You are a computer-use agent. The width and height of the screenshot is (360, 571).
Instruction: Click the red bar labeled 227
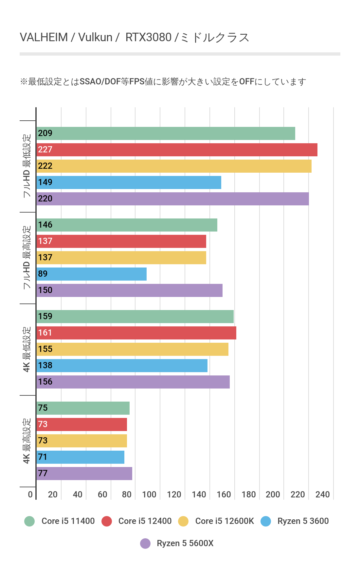[x=177, y=150]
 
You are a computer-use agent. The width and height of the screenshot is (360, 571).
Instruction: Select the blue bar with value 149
[x=129, y=182]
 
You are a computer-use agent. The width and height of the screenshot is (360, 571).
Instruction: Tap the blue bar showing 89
[x=92, y=274]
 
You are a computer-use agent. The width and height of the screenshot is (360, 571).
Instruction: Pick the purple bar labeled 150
[x=130, y=290]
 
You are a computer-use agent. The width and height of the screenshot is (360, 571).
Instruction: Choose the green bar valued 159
[x=135, y=317]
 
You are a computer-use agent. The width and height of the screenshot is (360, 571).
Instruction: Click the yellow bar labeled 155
[x=133, y=349]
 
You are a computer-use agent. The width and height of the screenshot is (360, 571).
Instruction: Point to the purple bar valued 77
[x=84, y=474]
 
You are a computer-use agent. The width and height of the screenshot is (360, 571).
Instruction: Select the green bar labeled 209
[x=166, y=133]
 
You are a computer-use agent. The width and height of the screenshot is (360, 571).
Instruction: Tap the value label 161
[x=45, y=333]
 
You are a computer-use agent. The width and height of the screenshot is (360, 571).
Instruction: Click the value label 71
[x=43, y=457]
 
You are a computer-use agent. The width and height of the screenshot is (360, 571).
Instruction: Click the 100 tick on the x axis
[x=149, y=494]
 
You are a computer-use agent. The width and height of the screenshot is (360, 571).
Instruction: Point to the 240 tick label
[x=322, y=494]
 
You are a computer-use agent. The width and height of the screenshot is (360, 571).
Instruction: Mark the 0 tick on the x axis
[x=30, y=494]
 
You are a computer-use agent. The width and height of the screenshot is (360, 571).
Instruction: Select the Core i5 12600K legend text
[x=225, y=521]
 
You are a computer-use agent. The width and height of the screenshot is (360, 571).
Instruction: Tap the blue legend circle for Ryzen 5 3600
[x=266, y=521]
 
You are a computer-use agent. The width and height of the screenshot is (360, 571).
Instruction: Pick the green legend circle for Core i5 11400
[x=29, y=521]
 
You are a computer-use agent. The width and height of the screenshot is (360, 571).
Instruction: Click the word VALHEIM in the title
[x=44, y=38]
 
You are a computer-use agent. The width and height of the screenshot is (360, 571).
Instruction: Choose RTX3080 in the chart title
[x=148, y=38]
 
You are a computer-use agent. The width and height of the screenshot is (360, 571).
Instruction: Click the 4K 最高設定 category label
[x=27, y=441]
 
